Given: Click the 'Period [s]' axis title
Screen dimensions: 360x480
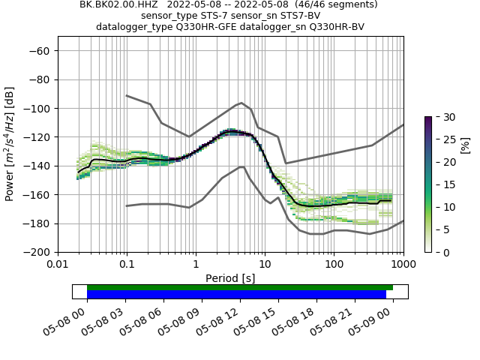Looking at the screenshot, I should pyautogui.click(x=230, y=277).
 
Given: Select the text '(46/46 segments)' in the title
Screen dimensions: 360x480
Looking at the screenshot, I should pyautogui.click(x=337, y=4).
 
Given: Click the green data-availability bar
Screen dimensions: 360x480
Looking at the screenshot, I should pyautogui.click(x=240, y=287).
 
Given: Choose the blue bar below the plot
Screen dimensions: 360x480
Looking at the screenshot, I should pyautogui.click(x=236, y=295).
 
